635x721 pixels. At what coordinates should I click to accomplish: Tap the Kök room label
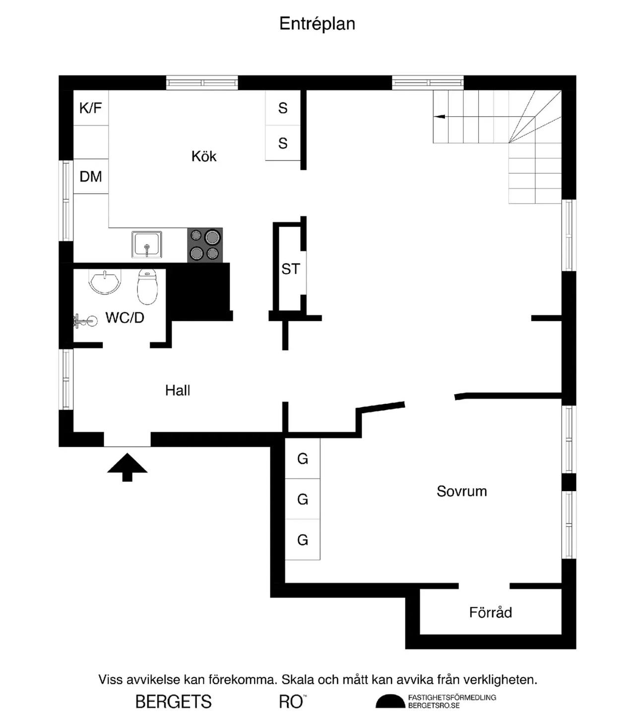(204, 156)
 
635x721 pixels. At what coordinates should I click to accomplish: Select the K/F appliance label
(91, 108)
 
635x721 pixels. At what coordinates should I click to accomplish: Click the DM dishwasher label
(91, 176)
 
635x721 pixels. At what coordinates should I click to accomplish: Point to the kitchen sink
(146, 244)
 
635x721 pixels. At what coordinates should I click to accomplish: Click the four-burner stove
(205, 245)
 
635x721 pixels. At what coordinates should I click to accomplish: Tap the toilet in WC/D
(147, 287)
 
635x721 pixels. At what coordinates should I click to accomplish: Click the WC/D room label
(125, 318)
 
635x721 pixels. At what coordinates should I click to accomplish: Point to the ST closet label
(291, 269)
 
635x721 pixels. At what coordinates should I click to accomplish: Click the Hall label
(178, 391)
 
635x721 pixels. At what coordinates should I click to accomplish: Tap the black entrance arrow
(127, 467)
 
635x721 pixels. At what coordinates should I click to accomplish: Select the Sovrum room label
(461, 492)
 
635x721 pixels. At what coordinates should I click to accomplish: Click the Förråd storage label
(490, 612)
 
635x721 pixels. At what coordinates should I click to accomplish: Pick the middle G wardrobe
(303, 499)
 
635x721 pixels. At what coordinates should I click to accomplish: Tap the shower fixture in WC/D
(85, 321)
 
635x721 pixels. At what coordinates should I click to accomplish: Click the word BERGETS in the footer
(174, 702)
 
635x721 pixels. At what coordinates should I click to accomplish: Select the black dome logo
(390, 702)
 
